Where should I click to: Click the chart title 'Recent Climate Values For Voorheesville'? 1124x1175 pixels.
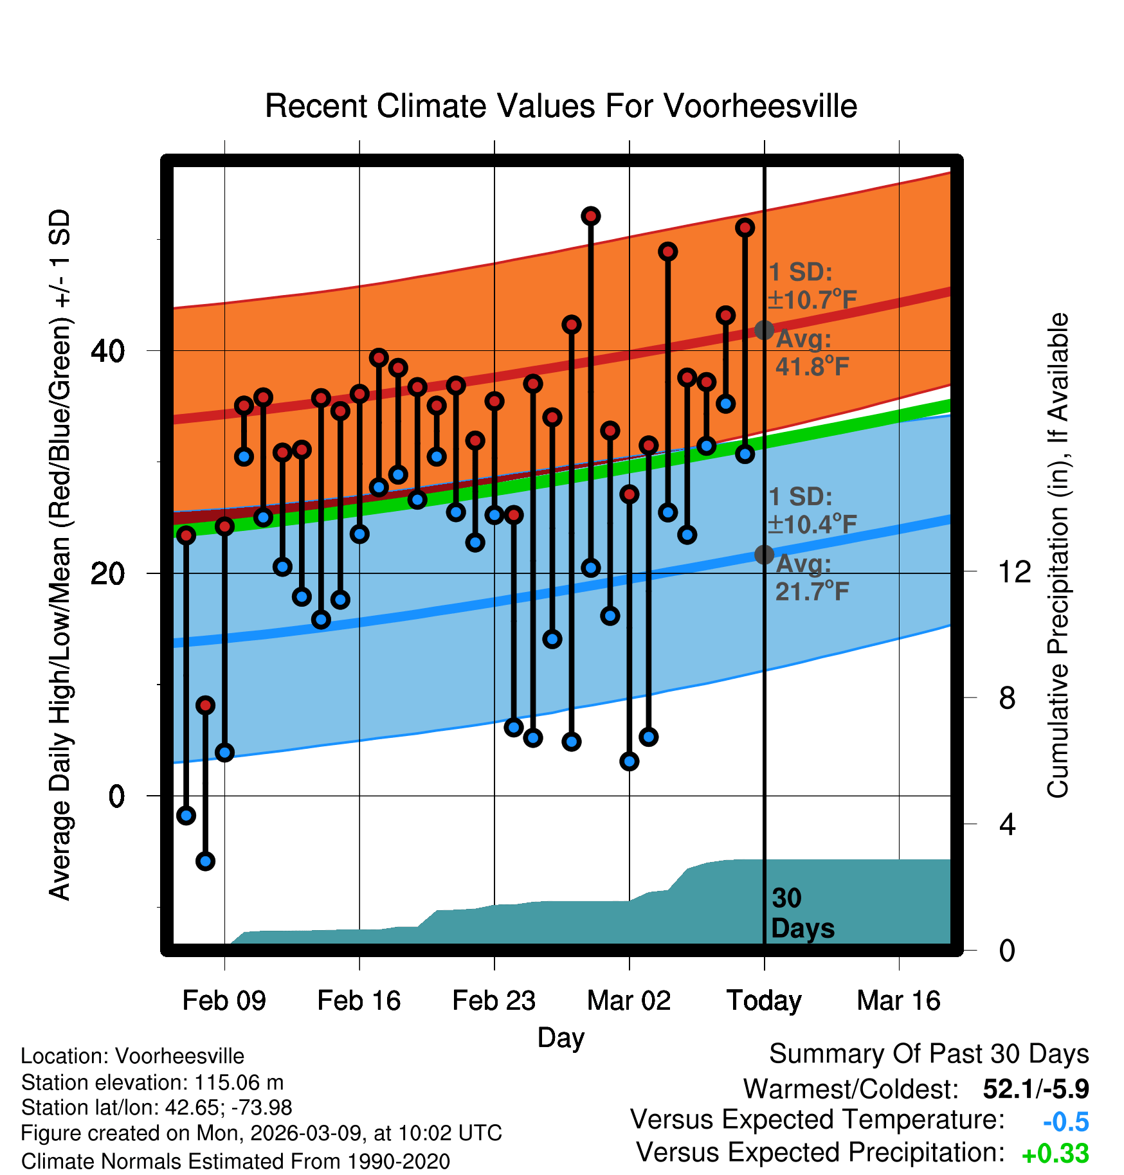(561, 106)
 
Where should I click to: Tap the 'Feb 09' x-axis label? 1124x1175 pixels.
(224, 1001)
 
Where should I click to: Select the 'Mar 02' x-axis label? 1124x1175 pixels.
(629, 1001)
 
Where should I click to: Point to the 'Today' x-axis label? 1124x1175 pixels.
(764, 1001)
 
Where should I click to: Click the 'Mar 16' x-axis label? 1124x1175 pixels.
(898, 1001)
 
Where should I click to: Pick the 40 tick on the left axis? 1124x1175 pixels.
(107, 351)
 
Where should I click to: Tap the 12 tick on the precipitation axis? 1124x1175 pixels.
(1014, 571)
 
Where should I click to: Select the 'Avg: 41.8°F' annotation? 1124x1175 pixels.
(811, 353)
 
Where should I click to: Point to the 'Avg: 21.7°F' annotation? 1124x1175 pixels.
(811, 577)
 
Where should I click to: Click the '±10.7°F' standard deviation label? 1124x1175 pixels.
(813, 300)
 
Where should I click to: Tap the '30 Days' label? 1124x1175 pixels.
(802, 913)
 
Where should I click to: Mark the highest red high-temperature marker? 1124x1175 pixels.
(591, 216)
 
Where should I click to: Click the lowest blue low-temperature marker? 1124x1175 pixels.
(205, 861)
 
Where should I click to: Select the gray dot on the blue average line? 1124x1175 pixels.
(764, 554)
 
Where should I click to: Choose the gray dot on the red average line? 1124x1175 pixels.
(764, 330)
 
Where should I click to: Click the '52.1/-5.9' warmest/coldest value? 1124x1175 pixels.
(1035, 1089)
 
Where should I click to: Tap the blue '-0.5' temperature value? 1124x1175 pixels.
(1065, 1122)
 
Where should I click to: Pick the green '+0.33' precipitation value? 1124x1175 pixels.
(1055, 1154)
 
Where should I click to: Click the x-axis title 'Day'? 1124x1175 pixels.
(561, 1037)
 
